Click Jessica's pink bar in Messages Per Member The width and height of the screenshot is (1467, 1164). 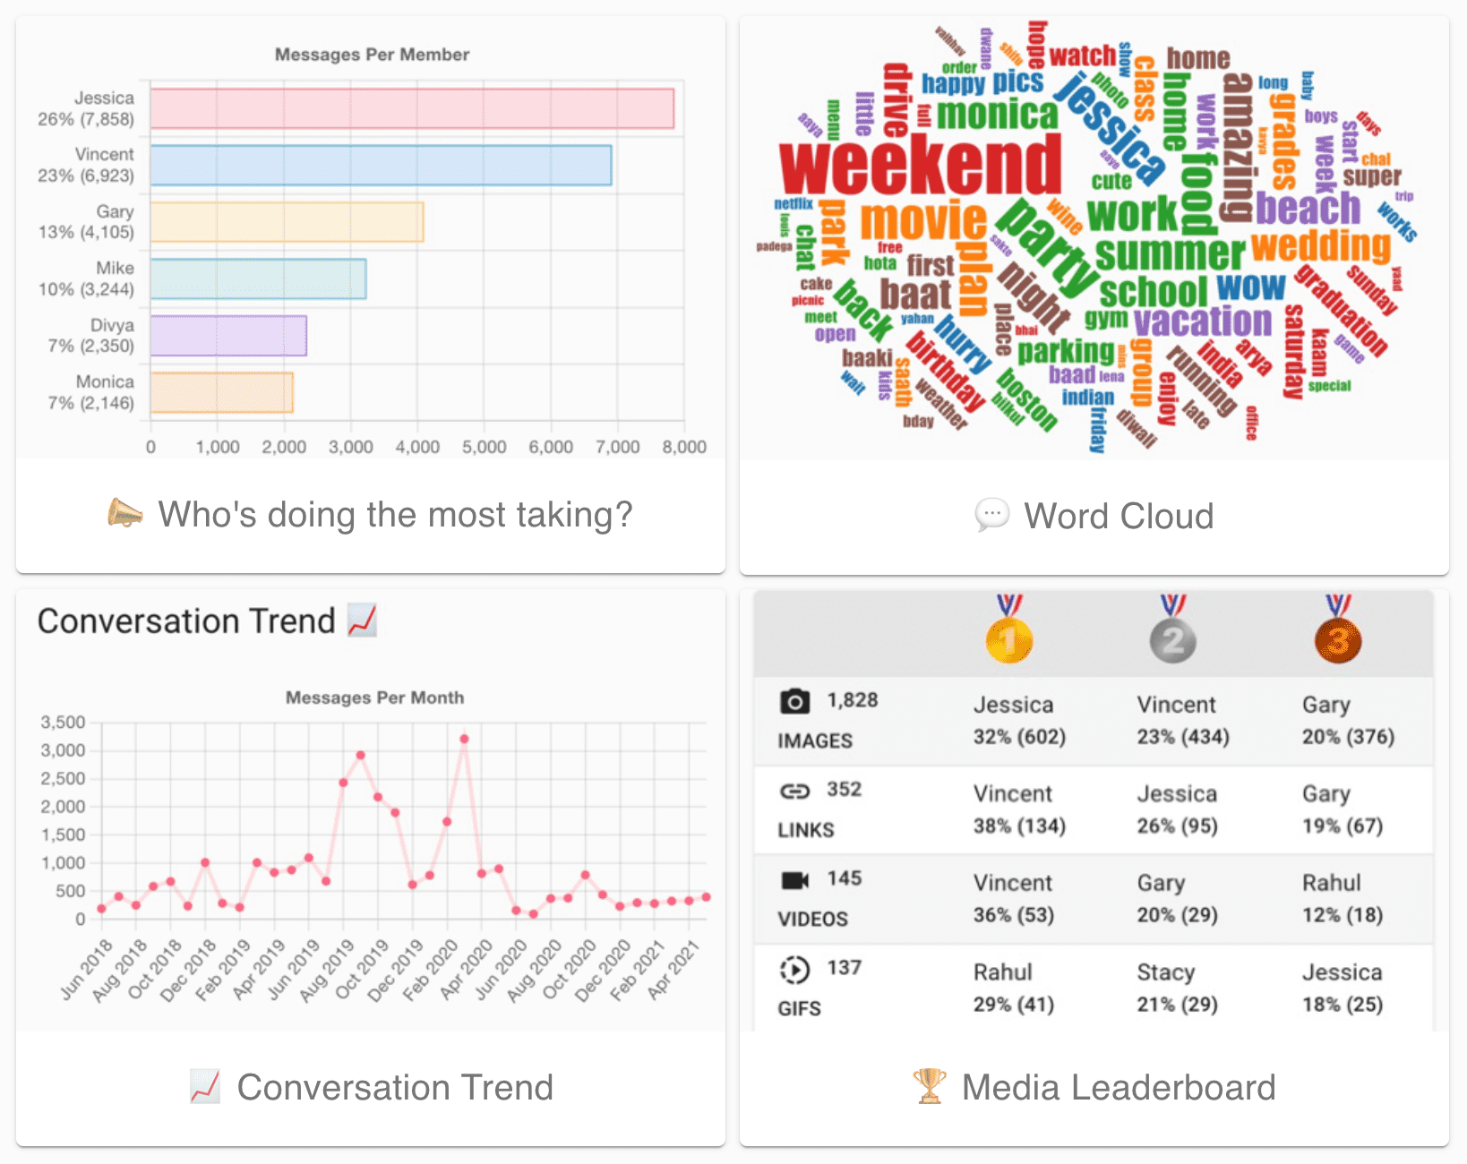point(412,108)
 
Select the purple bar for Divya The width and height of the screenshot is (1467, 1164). point(228,336)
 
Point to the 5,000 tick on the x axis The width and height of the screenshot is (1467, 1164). point(484,447)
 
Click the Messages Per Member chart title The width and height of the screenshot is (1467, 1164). point(372,55)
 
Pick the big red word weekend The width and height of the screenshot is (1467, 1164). point(920,165)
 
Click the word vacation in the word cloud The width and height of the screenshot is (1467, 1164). point(1202,321)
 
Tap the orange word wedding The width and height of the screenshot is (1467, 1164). point(1320,245)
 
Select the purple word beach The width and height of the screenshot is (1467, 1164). point(1308,208)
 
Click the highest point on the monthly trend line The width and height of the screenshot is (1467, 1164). point(464,739)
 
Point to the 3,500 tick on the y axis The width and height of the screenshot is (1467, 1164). point(63,723)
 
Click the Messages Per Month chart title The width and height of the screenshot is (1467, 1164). point(374,698)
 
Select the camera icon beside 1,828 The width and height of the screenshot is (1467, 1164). point(794,701)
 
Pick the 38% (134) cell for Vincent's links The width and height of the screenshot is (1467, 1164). point(1019,826)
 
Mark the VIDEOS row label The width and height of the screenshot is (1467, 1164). point(812,919)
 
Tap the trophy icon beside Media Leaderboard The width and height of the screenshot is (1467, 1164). point(929,1086)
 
